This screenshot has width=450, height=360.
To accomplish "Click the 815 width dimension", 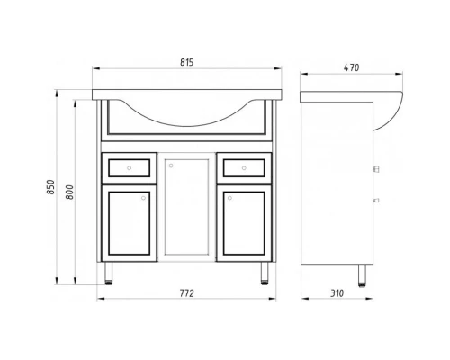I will coord(187,62).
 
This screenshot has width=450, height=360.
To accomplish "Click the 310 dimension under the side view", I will coord(335,294).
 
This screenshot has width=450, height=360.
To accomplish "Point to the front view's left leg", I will coord(110,273).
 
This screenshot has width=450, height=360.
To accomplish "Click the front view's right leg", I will coord(264,273).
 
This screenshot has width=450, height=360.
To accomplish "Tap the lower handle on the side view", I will coord(375,200).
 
